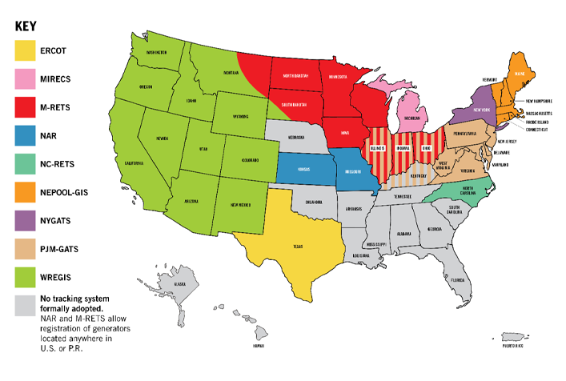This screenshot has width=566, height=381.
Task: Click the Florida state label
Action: (x=456, y=281)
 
